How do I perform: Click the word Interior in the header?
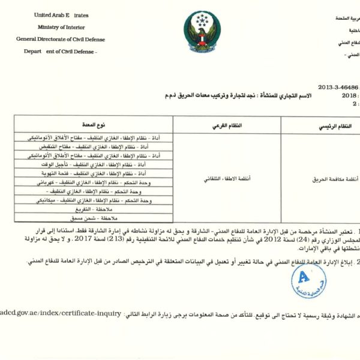pyautogui.click(x=79, y=28)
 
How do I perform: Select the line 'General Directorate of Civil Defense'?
pyautogui.click(x=61, y=40)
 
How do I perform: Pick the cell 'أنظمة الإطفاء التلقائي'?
pyautogui.click(x=229, y=179)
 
